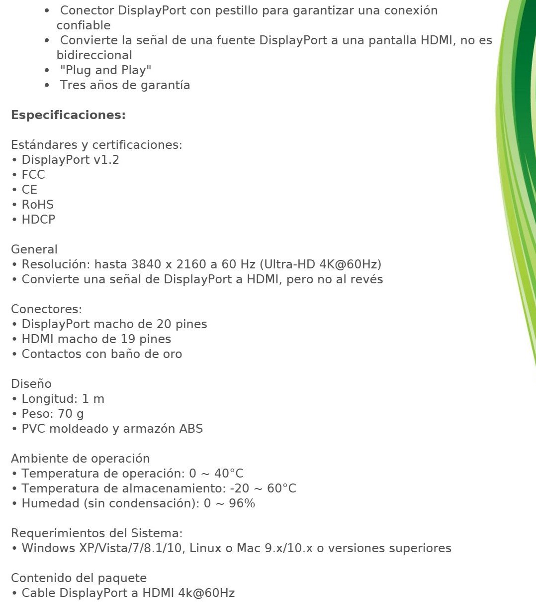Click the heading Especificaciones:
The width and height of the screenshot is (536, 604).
[68, 115]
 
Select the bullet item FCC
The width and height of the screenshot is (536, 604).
[33, 175]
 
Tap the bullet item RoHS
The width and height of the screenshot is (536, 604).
[37, 205]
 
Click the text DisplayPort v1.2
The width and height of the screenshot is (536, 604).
[70, 160]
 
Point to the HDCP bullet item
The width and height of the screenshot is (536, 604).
[38, 220]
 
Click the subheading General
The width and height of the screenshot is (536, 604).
[34, 249]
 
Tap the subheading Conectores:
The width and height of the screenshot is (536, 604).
[46, 309]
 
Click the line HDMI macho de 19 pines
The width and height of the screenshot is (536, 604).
[96, 339]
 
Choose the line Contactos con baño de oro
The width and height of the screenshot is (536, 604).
[101, 354]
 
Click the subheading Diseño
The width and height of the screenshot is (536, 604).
[31, 384]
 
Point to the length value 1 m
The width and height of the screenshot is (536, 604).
[93, 399]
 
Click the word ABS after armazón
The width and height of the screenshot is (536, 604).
[191, 429]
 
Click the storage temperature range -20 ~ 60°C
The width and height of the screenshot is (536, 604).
[263, 488]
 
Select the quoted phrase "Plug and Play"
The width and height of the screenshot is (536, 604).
[105, 70]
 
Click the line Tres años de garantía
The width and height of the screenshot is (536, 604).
[125, 85]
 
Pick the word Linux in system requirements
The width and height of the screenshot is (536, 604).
[206, 548]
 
